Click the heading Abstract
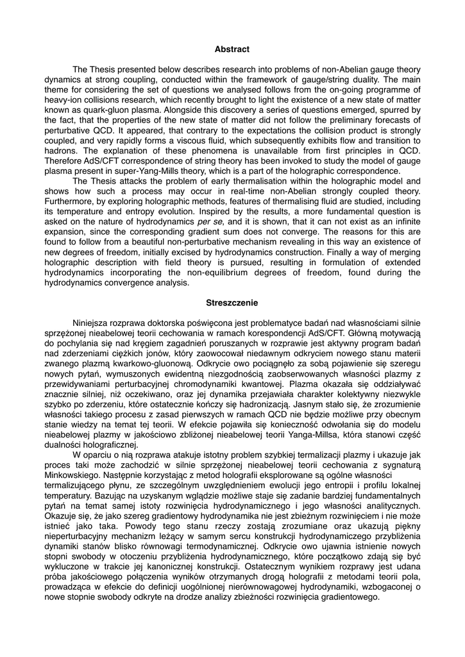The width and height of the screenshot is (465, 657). [x=232, y=49]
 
